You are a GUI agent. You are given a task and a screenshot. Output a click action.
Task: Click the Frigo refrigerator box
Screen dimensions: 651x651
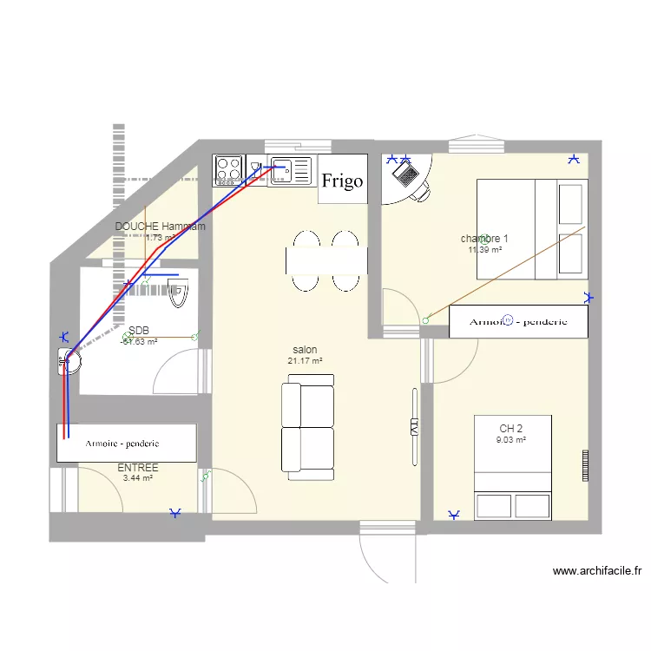coord(342,181)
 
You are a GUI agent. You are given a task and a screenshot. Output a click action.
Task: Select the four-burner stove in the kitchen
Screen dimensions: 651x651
coord(228,169)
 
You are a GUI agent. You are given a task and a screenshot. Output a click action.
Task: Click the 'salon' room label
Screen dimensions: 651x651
coord(305,350)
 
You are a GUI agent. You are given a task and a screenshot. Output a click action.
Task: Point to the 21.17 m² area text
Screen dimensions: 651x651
coord(305,361)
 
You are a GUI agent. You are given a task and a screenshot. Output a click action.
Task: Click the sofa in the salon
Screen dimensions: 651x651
coord(307,427)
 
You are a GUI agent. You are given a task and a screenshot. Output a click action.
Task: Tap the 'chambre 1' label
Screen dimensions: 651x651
coord(484,239)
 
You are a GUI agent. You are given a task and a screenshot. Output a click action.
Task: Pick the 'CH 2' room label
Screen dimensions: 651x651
coord(511,429)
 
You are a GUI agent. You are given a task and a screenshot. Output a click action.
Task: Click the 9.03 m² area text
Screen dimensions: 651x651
coord(511,440)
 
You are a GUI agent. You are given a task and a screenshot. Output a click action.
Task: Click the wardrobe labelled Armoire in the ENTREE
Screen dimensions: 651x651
coord(127,443)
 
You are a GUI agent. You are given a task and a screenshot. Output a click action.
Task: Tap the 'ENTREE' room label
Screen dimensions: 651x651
coord(137,467)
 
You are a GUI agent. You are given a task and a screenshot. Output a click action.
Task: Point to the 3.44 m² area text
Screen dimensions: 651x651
coord(137,478)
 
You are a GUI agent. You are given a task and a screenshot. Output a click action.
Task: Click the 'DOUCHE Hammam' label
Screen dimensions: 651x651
coord(161,227)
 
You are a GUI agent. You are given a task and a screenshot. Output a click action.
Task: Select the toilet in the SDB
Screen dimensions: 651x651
coord(179,295)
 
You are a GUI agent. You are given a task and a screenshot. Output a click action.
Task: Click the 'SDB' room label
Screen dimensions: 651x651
coord(139,331)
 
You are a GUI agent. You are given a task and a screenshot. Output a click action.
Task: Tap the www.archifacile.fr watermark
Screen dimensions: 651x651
coord(596,571)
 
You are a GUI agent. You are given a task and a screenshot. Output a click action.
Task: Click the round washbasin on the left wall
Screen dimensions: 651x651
coord(69,360)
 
